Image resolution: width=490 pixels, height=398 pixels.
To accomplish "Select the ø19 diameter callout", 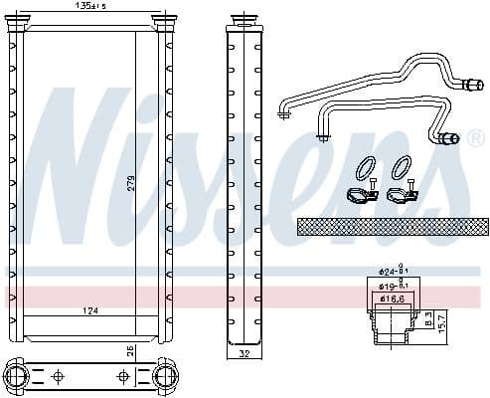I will coord(392,285).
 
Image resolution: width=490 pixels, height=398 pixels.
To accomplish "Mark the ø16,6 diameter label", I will coord(392,298).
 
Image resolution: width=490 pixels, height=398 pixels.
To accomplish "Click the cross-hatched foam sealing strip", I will coord(393,226).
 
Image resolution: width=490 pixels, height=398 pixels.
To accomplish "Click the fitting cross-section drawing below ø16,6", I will coord(392,323).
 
